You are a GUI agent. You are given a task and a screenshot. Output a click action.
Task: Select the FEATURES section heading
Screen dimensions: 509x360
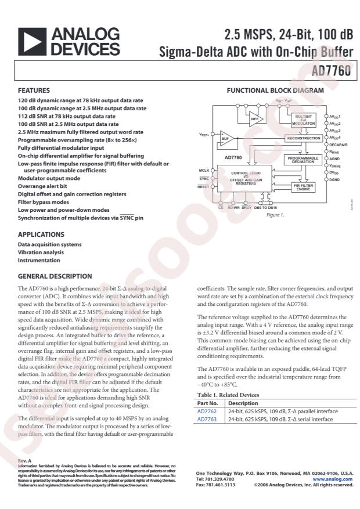[x=34, y=91]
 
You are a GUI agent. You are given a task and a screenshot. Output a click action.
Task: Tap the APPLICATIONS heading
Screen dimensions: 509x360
[x=41, y=234]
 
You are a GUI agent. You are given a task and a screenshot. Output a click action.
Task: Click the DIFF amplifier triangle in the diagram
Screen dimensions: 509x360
[x=255, y=119]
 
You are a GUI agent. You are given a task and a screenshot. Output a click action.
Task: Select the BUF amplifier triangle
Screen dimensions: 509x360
[x=226, y=139]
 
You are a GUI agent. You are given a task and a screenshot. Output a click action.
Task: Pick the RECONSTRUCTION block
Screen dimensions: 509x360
[x=303, y=138]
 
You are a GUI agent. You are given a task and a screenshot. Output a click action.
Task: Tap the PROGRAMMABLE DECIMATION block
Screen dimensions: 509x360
[x=303, y=160]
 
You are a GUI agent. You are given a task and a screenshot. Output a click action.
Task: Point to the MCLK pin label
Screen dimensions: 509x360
[x=204, y=170]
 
